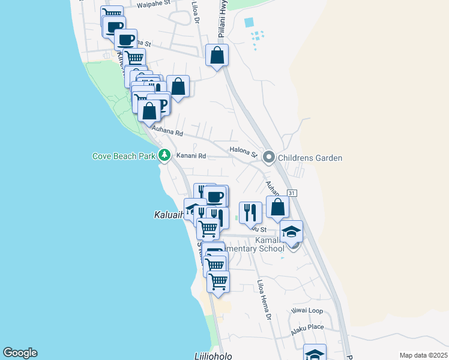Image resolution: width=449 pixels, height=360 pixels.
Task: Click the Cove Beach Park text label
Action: [124, 157]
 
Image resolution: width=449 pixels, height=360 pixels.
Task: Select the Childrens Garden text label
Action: [310, 158]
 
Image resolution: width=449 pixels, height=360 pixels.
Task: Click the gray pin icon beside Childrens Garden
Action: [269, 158]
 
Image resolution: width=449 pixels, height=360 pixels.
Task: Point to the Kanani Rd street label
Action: [191, 156]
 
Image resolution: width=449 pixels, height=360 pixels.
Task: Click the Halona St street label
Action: [243, 151]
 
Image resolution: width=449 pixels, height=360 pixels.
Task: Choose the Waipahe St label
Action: [154, 5]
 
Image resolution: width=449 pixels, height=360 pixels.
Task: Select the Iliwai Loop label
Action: [307, 311]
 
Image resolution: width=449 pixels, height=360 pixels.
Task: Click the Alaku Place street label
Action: [307, 329]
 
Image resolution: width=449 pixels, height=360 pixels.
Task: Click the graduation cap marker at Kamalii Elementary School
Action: [292, 232]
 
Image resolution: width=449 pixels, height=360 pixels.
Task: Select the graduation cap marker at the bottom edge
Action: [315, 354]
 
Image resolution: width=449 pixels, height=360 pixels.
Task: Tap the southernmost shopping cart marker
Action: [218, 281]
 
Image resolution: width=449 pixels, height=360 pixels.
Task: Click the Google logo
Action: [20, 353]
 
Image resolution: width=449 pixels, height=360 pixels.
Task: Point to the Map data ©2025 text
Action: [423, 355]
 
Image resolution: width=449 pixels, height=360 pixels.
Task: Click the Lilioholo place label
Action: [213, 355]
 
